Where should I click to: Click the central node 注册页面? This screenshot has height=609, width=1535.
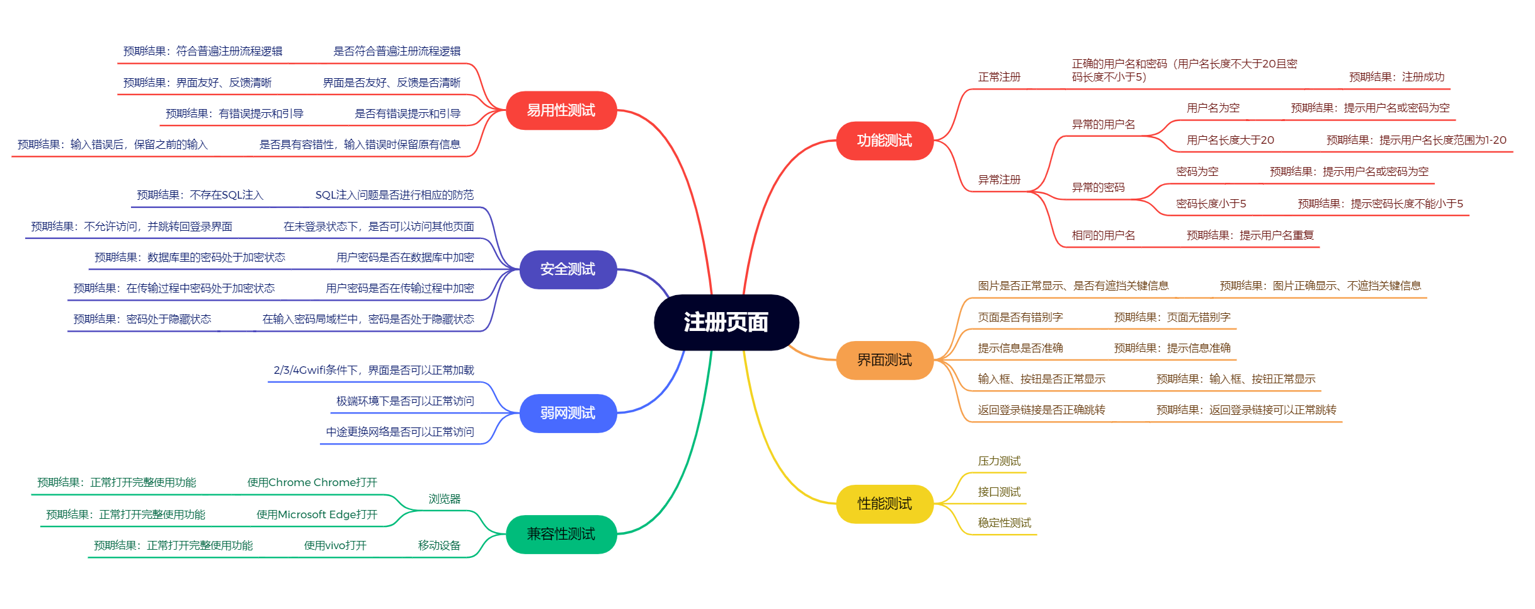(726, 322)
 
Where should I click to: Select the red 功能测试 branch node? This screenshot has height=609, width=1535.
(884, 141)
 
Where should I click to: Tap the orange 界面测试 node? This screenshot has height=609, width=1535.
(884, 360)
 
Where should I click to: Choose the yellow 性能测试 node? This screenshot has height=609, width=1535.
(884, 504)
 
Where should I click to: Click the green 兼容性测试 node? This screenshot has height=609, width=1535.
(561, 534)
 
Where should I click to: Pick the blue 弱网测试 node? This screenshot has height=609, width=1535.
(568, 413)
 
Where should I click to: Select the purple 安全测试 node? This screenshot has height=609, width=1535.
(568, 269)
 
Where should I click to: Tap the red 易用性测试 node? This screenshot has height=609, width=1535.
(561, 110)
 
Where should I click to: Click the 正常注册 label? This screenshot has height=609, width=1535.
(999, 77)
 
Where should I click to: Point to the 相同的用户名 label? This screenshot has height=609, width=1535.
(1103, 235)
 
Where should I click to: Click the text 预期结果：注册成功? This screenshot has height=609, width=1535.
(1396, 77)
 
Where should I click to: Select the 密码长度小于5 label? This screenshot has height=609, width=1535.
(1211, 204)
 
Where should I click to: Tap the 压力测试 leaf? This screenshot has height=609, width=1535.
(999, 461)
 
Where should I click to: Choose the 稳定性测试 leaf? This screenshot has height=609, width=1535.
(1004, 523)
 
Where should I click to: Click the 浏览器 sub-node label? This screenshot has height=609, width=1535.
(445, 499)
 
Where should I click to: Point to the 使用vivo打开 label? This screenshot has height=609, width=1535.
(335, 545)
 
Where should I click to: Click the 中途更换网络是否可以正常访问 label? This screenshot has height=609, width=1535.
(400, 432)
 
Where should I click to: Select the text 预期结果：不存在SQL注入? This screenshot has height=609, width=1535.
(200, 195)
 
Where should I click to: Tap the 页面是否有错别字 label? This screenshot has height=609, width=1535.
(1020, 317)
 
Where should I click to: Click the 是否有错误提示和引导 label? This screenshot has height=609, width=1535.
(408, 113)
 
